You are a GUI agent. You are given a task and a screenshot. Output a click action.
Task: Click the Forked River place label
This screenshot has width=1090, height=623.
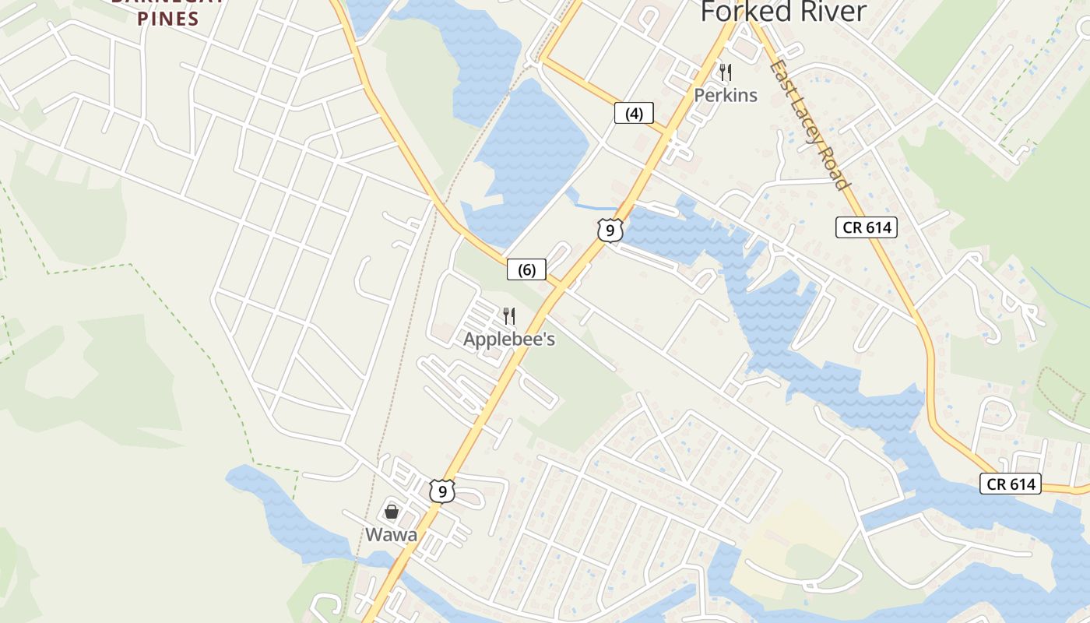783,12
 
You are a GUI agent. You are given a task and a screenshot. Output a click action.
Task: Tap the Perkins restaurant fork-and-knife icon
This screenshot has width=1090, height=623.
726,72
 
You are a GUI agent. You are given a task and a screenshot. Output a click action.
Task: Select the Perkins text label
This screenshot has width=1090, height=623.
726,95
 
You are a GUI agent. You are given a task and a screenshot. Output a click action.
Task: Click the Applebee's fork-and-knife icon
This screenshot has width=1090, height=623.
509,315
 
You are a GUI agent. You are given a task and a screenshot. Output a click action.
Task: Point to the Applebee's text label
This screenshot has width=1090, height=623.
509,340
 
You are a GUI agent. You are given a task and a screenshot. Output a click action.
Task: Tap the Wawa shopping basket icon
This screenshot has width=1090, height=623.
392,512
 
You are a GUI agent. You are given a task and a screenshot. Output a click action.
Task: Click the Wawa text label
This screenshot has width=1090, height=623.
392,535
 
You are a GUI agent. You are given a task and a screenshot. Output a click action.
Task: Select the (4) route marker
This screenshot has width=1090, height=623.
634,114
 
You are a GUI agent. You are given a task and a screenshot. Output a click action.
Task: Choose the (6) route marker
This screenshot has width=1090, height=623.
526,269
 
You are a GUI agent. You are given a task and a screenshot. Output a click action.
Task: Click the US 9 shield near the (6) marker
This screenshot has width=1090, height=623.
610,230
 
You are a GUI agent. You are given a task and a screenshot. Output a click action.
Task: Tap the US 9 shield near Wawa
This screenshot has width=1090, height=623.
441,491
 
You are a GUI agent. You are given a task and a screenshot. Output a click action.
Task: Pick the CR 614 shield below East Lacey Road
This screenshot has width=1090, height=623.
867,227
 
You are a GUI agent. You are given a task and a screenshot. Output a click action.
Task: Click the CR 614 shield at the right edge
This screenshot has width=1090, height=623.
1011,484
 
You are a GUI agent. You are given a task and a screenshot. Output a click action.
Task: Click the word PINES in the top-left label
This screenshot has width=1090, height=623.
168,19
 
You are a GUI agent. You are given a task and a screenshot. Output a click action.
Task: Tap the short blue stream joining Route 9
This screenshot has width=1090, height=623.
596,206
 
